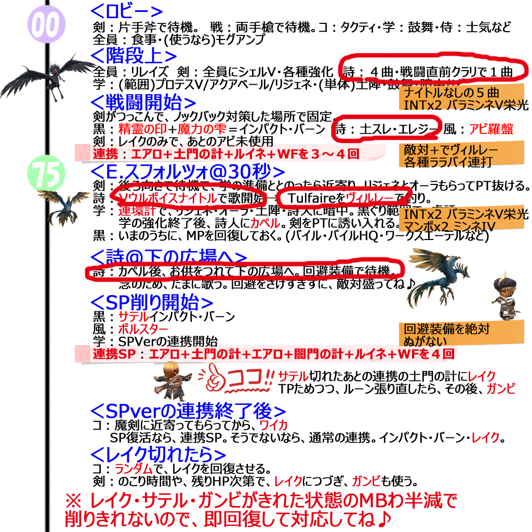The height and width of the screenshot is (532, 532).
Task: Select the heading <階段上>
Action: click(x=134, y=55)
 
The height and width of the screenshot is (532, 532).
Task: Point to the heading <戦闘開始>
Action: click(x=143, y=101)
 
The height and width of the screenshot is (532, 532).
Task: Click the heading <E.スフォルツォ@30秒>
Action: click(x=188, y=171)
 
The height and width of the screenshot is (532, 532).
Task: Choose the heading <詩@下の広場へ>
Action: click(x=168, y=257)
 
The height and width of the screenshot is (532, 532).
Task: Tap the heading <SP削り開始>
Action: click(x=152, y=302)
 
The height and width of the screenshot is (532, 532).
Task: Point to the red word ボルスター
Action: click(x=143, y=329)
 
